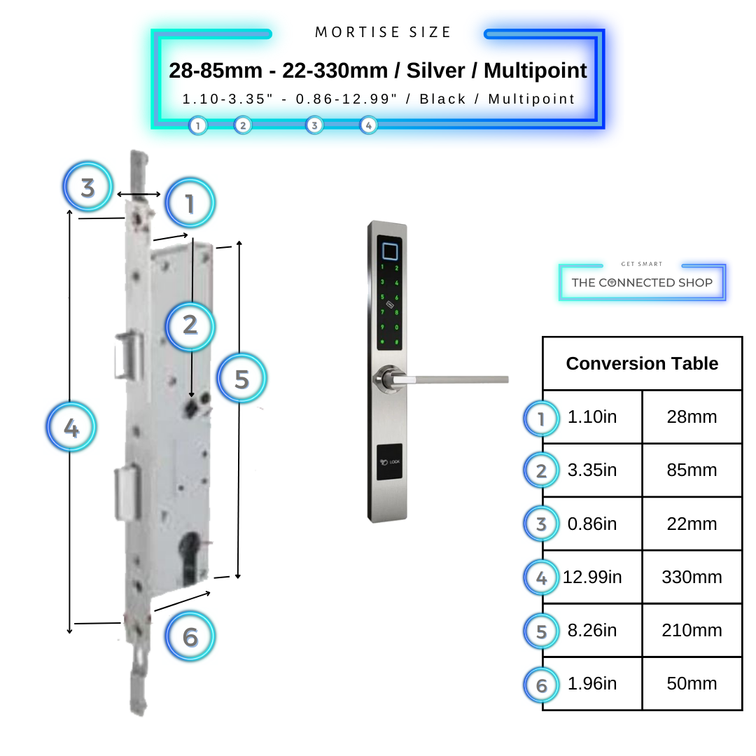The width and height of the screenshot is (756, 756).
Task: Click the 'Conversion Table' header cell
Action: (642, 364)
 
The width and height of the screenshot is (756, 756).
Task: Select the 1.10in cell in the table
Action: (592, 417)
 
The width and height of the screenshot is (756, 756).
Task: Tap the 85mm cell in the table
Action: (692, 470)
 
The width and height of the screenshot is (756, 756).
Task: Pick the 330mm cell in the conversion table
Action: (692, 577)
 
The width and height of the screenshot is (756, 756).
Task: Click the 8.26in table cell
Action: (592, 631)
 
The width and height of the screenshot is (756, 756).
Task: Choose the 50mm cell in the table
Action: (692, 684)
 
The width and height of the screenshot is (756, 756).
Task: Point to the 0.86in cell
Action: (592, 524)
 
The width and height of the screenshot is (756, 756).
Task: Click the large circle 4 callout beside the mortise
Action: (71, 426)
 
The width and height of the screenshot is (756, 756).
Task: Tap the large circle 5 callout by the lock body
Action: (241, 379)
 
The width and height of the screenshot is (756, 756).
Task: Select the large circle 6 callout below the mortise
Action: (190, 636)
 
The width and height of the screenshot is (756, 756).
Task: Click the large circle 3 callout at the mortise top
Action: (87, 188)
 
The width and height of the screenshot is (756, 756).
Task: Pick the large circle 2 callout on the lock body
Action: (190, 325)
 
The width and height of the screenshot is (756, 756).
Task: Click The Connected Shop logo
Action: (642, 282)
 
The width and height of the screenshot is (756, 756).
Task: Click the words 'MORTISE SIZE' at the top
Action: (384, 32)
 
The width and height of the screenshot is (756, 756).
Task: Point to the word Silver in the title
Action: (435, 71)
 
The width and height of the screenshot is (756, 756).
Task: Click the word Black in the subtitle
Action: (442, 99)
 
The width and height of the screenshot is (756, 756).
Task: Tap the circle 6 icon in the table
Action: (541, 685)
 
